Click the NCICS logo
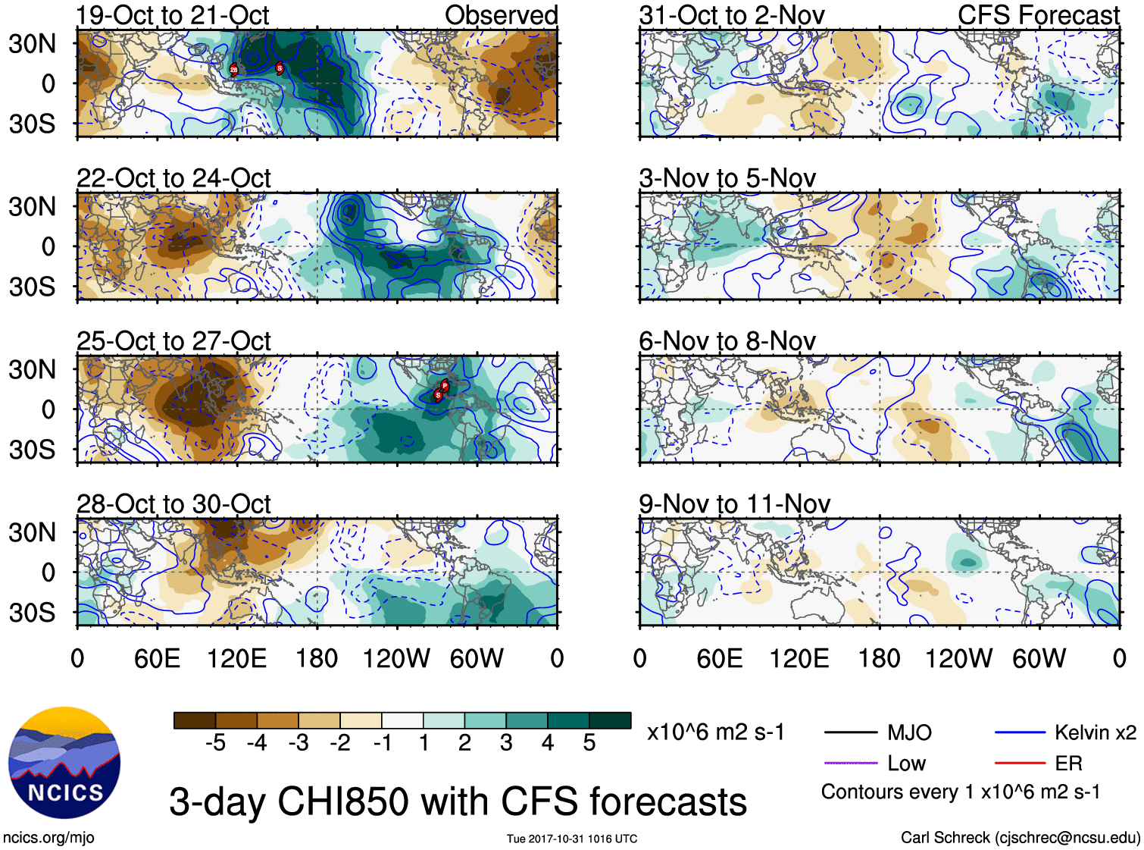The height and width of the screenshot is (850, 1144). click(64, 762)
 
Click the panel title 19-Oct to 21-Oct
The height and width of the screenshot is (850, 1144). click(173, 15)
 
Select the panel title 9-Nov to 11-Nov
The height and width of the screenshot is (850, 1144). click(734, 503)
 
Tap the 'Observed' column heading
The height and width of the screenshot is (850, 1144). click(501, 15)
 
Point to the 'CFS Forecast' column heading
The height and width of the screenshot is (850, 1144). click(1038, 15)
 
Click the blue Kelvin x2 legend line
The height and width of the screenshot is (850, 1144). click(1020, 732)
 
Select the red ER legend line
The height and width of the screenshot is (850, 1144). click(1020, 763)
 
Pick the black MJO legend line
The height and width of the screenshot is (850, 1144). click(851, 732)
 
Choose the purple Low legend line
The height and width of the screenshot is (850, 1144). click(851, 763)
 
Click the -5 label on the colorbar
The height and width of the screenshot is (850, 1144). click(215, 743)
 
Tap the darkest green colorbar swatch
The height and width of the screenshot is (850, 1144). click(610, 720)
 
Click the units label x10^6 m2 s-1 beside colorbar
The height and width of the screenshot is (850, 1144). click(716, 732)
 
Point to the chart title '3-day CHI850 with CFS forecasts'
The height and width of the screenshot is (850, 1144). click(458, 801)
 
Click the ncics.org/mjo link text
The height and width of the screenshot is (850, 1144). click(48, 838)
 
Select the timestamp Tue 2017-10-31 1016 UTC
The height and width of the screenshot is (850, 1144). click(572, 839)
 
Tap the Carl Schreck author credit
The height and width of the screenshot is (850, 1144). click(1020, 838)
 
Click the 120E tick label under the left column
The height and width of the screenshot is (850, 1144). click(236, 658)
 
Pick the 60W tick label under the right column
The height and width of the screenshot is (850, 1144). click(1039, 658)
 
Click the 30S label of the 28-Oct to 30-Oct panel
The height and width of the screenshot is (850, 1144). click(32, 613)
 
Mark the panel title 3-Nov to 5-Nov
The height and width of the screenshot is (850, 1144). click(727, 178)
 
